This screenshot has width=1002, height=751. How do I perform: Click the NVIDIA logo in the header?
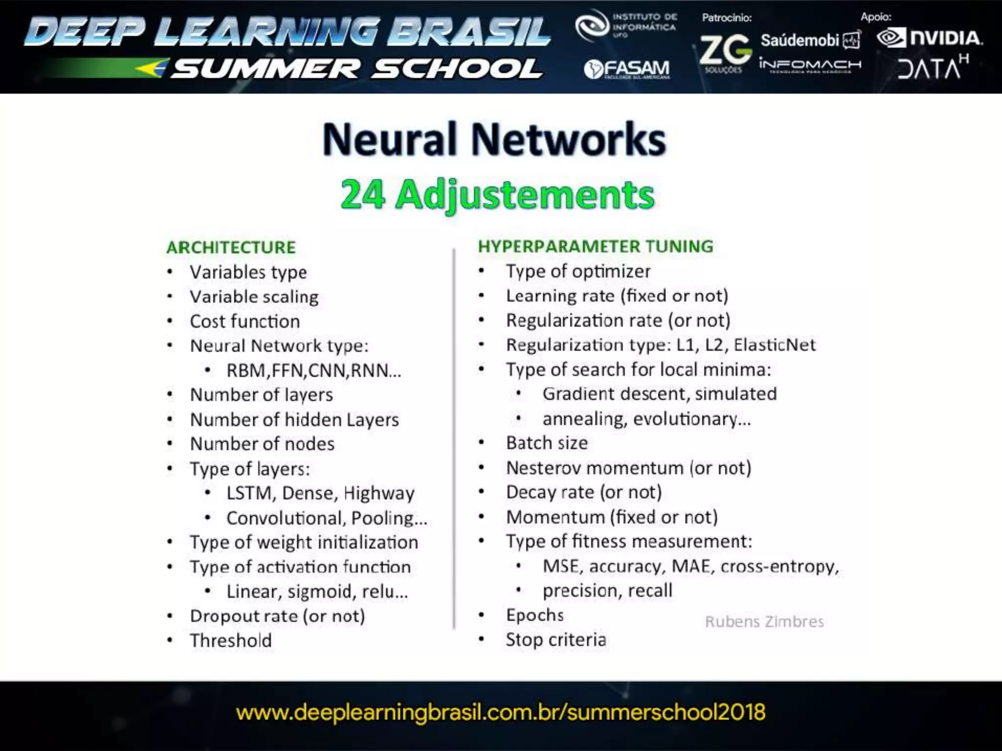[930, 38]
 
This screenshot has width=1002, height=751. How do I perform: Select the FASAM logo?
[627, 69]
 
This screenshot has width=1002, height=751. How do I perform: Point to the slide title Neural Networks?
[494, 139]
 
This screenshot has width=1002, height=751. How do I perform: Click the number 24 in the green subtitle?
[363, 195]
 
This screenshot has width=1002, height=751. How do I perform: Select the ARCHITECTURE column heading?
[231, 247]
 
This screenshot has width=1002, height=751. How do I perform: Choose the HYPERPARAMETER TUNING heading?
[595, 246]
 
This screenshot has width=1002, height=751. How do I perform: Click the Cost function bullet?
[245, 321]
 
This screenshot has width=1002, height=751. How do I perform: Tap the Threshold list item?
[230, 640]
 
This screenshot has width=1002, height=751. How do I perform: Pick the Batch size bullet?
[547, 443]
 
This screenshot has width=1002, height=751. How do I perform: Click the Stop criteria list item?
[556, 640]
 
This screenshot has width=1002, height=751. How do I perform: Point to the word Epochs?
[535, 615]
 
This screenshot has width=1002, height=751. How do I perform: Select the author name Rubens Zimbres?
[764, 621]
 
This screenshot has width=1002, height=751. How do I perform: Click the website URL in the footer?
[501, 712]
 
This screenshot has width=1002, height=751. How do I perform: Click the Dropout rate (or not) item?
[277, 616]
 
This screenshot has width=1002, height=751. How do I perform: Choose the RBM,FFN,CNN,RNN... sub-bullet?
[314, 371]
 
